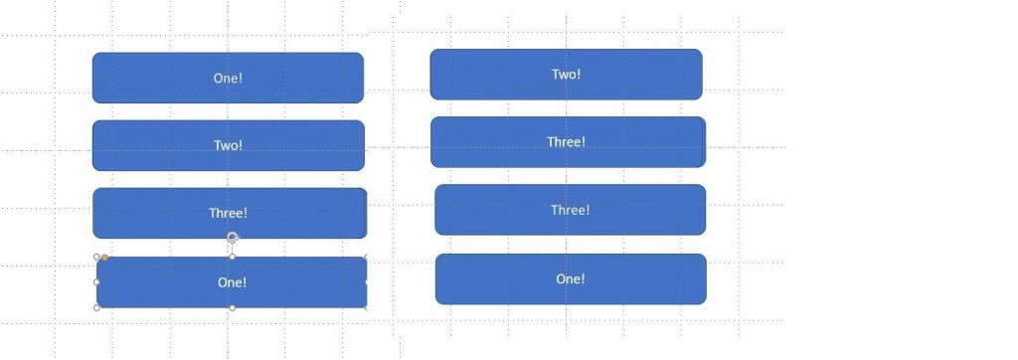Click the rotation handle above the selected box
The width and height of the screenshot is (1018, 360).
point(233,238)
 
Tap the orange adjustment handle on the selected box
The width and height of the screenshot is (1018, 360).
point(104,258)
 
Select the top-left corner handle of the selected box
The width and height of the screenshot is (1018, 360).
point(96,257)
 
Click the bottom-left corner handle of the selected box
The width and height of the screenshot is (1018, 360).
point(96,307)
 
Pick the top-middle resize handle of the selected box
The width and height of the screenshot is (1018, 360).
point(233,257)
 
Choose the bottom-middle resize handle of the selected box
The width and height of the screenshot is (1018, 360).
point(233,307)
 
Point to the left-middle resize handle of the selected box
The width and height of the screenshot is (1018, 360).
point(96,282)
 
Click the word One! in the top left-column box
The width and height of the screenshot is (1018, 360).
point(228,78)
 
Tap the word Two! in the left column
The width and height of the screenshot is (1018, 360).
point(228,145)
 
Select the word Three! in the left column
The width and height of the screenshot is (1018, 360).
point(228,213)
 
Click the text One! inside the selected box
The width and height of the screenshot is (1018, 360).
point(232,282)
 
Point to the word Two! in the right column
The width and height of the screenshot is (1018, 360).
point(566,74)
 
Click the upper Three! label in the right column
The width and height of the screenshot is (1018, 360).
point(566,142)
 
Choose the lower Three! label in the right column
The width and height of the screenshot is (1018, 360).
point(570,210)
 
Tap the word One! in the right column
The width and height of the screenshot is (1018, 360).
point(570,278)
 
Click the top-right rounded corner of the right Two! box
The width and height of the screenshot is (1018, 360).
point(699,53)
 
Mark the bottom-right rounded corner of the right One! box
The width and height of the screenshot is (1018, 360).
point(703,300)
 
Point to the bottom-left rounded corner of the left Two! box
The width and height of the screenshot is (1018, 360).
point(96,167)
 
